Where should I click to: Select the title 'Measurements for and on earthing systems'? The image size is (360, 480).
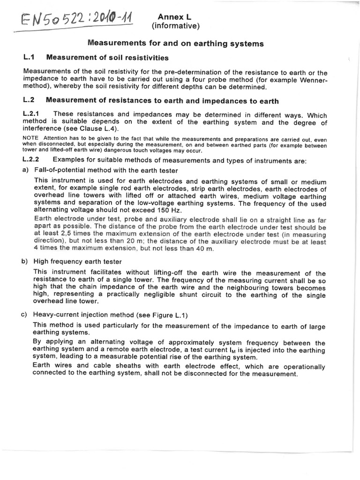tap(176, 44)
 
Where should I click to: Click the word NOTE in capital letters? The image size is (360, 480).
tap(31, 137)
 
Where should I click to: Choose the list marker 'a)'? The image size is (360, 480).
tap(26, 170)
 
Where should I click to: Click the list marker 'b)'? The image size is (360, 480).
tap(26, 261)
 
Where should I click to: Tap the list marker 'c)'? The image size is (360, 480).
tap(26, 315)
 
